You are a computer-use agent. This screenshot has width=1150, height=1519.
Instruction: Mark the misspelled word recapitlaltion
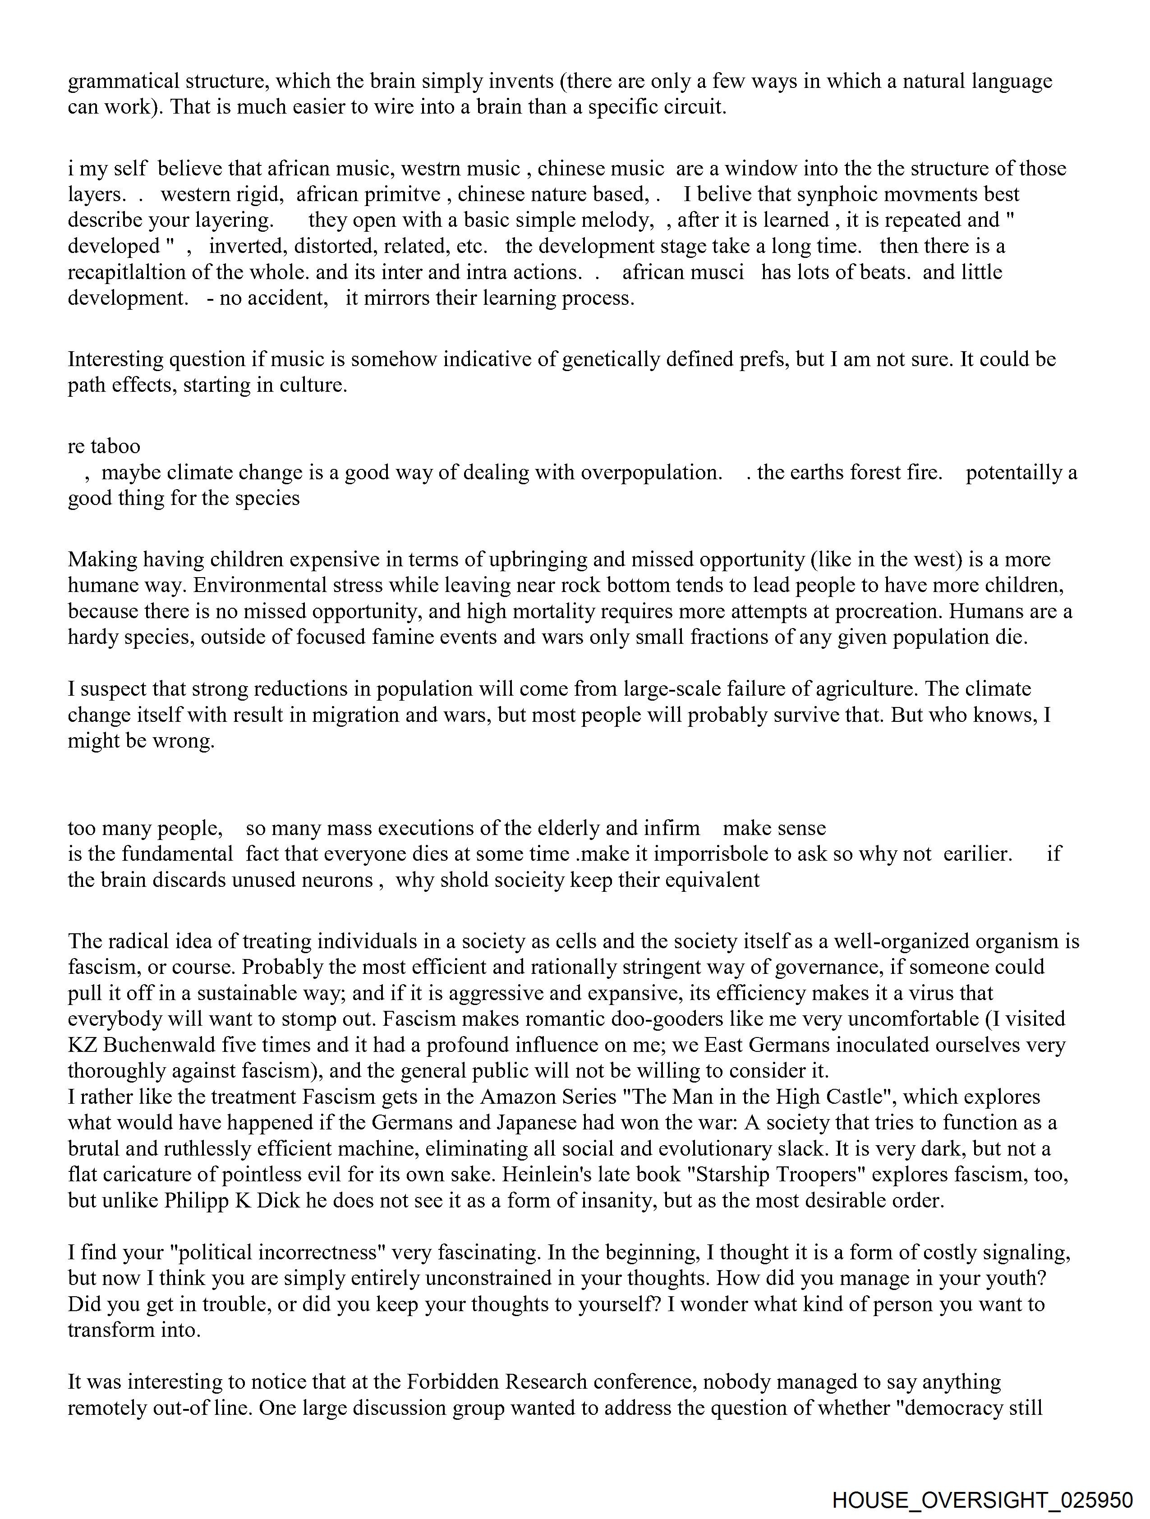pyautogui.click(x=127, y=273)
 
